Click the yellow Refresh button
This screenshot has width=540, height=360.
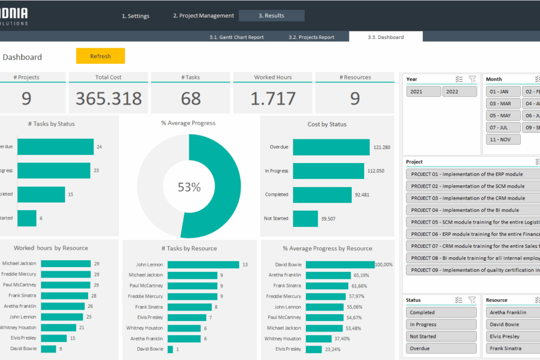click(100, 56)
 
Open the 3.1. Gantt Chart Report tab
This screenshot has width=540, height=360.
click(236, 37)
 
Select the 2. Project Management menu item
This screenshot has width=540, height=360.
click(203, 16)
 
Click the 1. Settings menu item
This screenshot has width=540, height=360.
click(135, 16)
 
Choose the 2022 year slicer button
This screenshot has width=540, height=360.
click(459, 92)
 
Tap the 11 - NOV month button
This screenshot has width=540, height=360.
click(503, 139)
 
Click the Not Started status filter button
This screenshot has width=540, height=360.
click(441, 337)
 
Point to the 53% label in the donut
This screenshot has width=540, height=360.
click(189, 187)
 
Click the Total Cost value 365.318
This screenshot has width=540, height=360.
click(109, 99)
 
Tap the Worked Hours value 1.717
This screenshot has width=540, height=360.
click(273, 99)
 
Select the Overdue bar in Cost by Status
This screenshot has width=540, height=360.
click(331, 147)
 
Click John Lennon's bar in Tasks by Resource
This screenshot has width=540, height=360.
click(203, 265)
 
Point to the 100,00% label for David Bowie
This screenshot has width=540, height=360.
click(384, 265)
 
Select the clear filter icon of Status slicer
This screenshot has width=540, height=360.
click(472, 300)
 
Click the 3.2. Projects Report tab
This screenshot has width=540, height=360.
click(311, 37)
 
